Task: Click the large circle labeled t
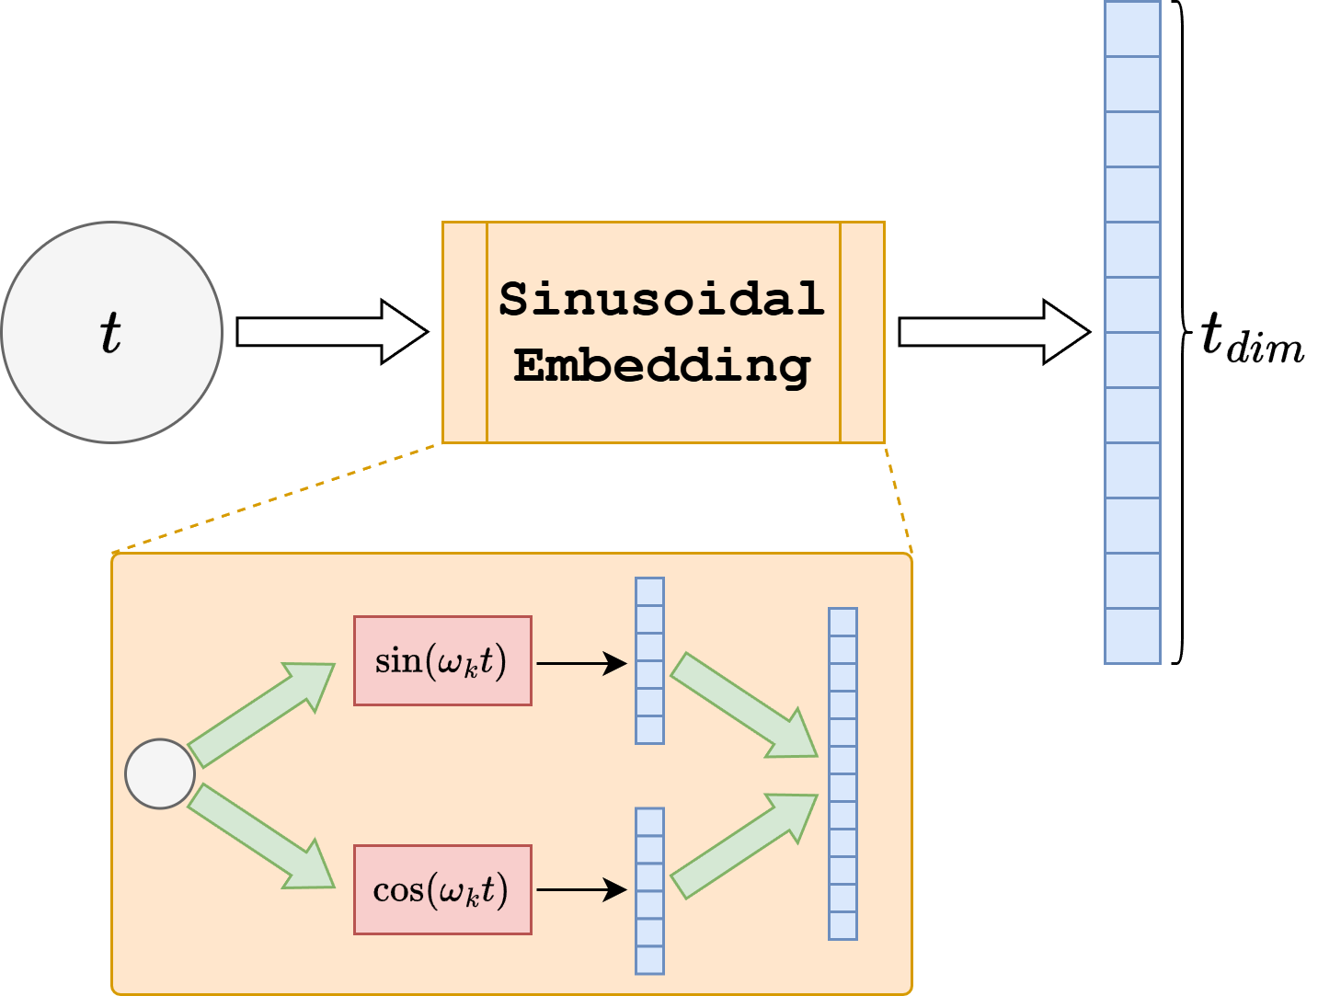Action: [111, 332]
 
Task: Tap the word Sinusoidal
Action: [661, 299]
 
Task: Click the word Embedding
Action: [661, 366]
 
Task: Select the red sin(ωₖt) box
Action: [442, 661]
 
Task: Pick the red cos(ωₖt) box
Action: [442, 889]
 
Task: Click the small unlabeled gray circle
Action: [160, 774]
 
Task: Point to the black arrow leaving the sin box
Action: [580, 662]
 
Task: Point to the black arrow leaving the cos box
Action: [580, 889]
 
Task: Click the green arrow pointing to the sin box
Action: [261, 714]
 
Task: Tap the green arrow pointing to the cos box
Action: [261, 838]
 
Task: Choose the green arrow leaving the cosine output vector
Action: [743, 846]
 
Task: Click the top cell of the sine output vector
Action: [649, 591]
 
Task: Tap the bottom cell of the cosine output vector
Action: [649, 959]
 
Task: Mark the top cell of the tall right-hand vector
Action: [1132, 29]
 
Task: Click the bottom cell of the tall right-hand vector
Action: [1132, 635]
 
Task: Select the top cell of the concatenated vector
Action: [842, 622]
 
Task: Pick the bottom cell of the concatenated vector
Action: [842, 925]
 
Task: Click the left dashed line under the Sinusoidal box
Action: [276, 498]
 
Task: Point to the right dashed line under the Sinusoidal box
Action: [899, 498]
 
